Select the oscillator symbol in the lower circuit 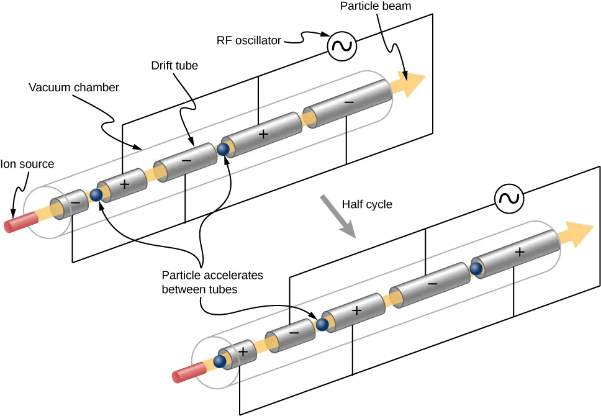[509, 199]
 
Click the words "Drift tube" [174, 65]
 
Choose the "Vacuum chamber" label [73, 88]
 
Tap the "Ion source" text [27, 165]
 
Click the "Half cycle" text [367, 204]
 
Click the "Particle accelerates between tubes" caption [212, 282]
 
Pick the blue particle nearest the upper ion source [96, 195]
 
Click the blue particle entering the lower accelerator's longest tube [476, 268]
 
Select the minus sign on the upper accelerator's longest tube [349, 101]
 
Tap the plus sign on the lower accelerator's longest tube [520, 252]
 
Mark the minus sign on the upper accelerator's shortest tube [75, 202]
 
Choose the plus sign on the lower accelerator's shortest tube [243, 351]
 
